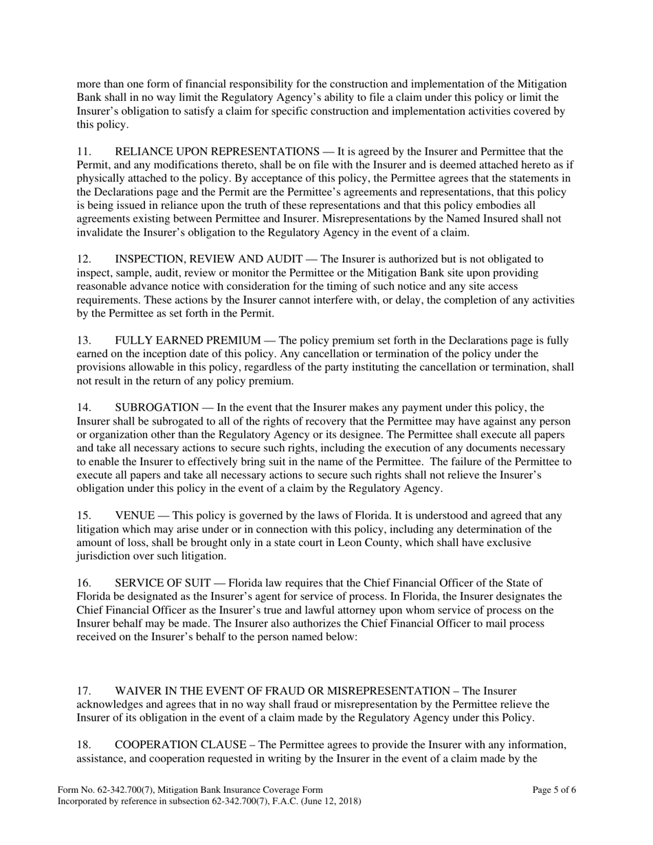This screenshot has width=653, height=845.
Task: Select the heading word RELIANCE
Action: (x=144, y=152)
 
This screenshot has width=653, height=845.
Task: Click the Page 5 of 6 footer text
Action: (x=554, y=790)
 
